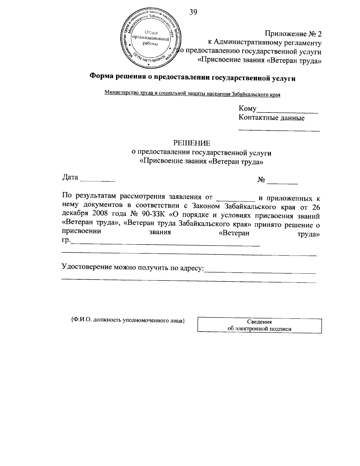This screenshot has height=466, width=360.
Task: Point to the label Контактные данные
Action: pyautogui.click(x=271, y=118)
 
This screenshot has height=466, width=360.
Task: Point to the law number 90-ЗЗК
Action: pyautogui.click(x=154, y=216)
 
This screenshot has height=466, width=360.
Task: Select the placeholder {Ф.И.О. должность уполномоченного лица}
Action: pyautogui.click(x=128, y=320)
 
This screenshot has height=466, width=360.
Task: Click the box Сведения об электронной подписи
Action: pyautogui.click(x=259, y=325)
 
